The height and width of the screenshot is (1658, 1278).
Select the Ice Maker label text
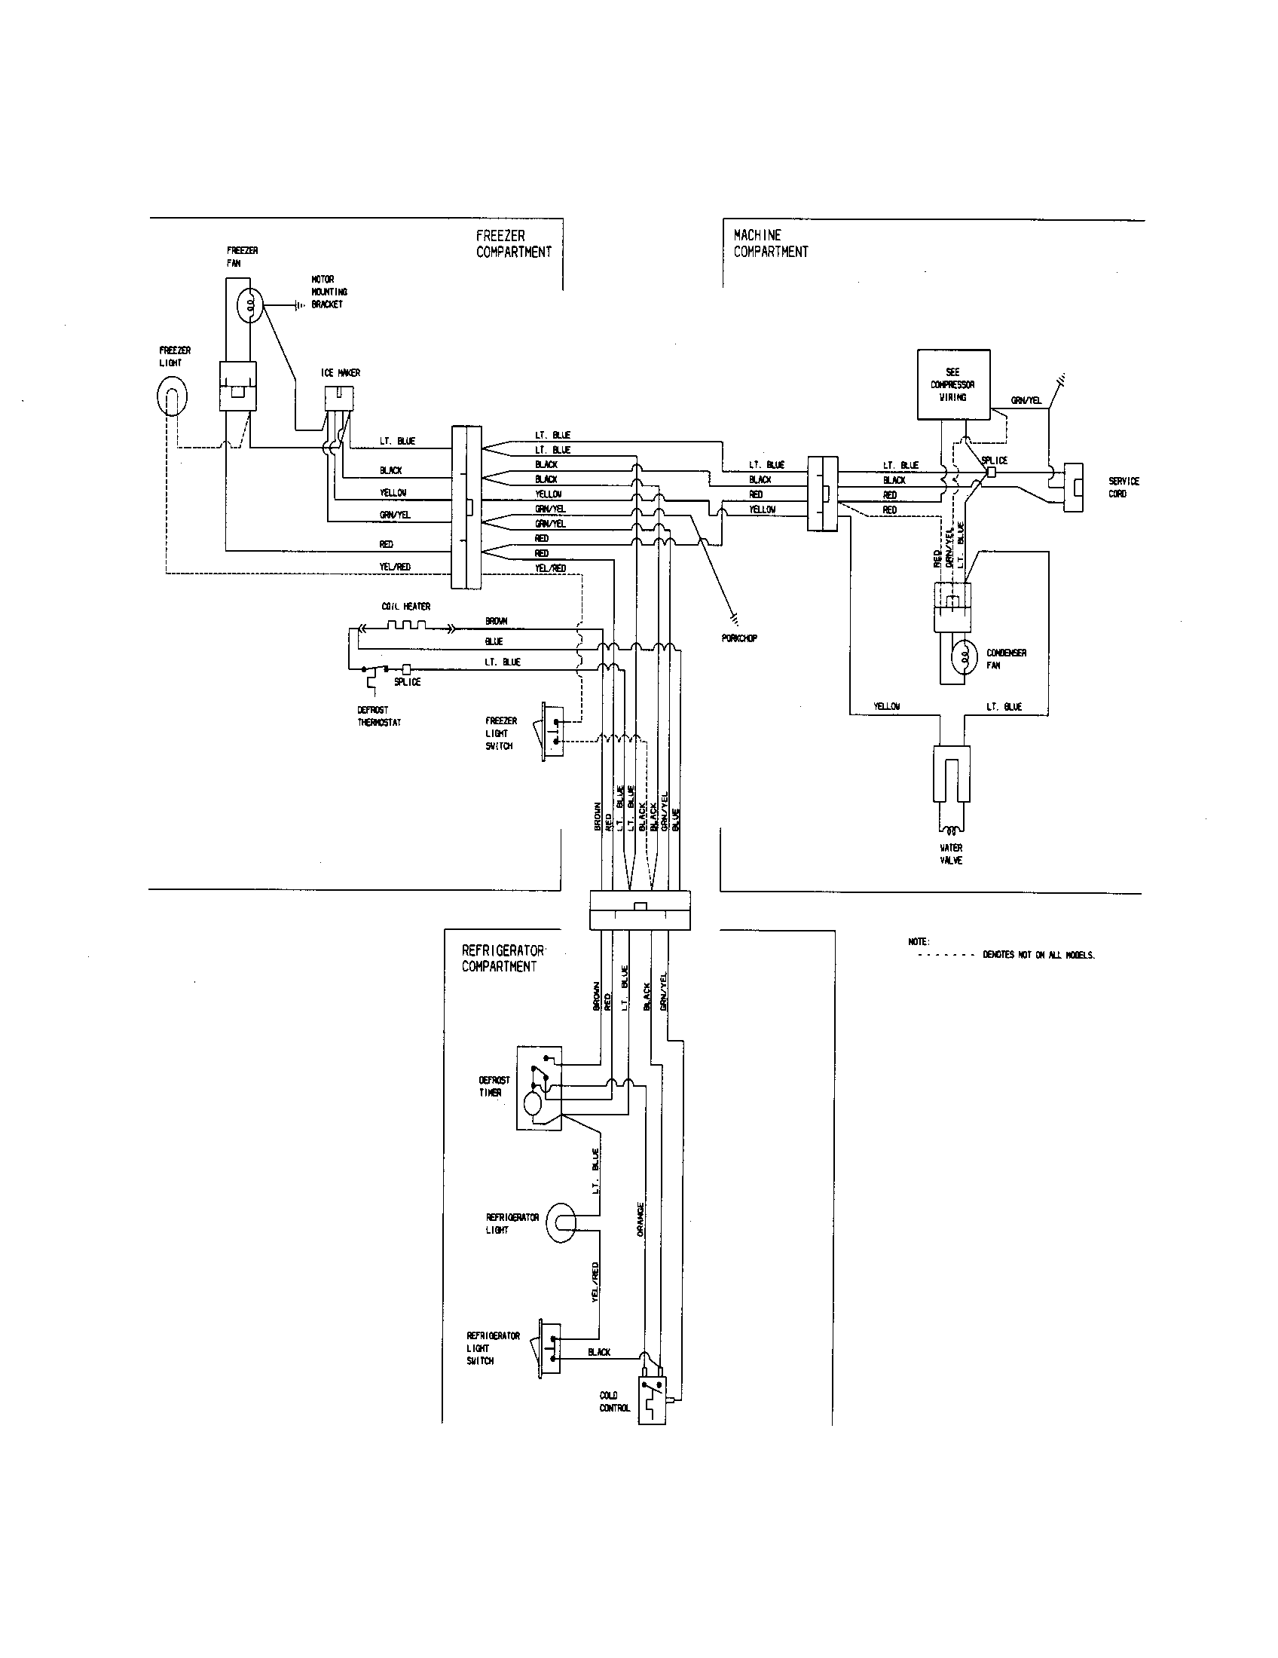pyautogui.click(x=340, y=373)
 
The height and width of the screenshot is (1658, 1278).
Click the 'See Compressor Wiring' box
pyautogui.click(x=953, y=384)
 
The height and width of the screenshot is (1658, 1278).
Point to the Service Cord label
pyautogui.click(x=1124, y=488)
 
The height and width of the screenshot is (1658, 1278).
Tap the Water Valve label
pyautogui.click(x=951, y=854)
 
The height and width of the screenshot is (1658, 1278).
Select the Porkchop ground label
pyautogui.click(x=738, y=638)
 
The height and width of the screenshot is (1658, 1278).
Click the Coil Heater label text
pyautogui.click(x=405, y=607)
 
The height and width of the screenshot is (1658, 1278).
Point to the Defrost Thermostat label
pyautogui.click(x=379, y=717)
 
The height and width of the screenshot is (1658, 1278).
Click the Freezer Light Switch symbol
pyautogui.click(x=552, y=730)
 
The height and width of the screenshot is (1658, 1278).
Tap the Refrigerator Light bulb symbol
pyautogui.click(x=561, y=1223)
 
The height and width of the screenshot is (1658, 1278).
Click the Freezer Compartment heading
pyautogui.click(x=514, y=243)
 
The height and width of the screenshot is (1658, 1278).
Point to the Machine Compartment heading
pyautogui.click(x=770, y=243)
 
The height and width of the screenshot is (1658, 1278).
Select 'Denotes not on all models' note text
pyautogui.click(x=1038, y=955)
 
